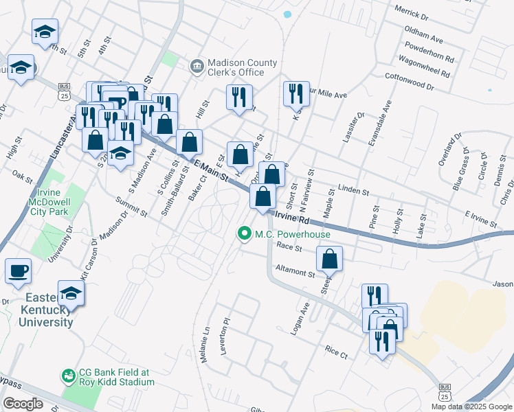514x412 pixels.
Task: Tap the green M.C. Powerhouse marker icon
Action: [243, 234]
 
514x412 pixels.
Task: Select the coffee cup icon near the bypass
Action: [18, 270]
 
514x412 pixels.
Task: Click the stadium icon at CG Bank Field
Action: [68, 376]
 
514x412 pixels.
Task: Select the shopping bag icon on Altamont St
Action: [330, 259]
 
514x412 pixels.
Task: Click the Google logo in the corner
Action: [23, 404]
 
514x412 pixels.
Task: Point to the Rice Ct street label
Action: [337, 352]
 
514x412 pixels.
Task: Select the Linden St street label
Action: [355, 190]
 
